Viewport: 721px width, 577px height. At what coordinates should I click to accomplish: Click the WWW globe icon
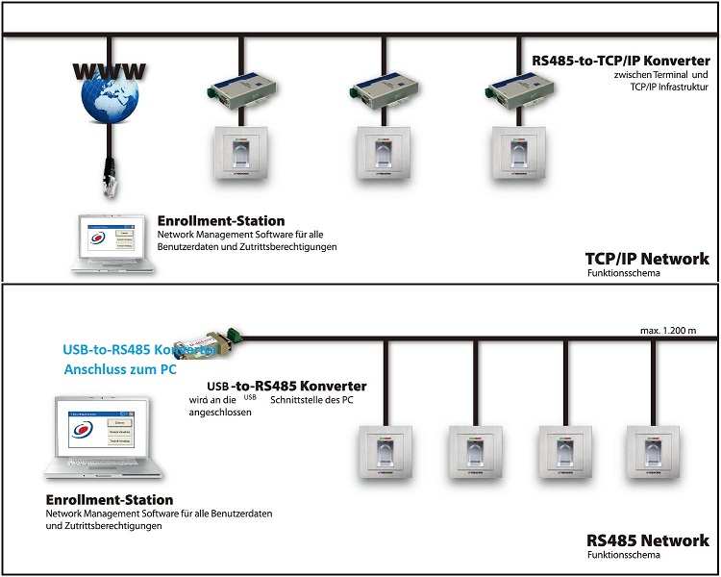[109, 96]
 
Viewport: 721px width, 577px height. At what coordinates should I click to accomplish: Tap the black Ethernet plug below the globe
[109, 177]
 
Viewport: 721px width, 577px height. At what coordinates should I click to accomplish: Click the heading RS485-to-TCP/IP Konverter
[621, 61]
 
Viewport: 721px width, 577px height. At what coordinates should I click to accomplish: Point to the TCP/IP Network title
[647, 259]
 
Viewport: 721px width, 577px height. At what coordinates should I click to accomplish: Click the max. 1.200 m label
[673, 332]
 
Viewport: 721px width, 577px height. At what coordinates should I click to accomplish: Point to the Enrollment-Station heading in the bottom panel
[110, 500]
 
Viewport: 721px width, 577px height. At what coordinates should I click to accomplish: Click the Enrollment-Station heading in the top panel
[221, 221]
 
